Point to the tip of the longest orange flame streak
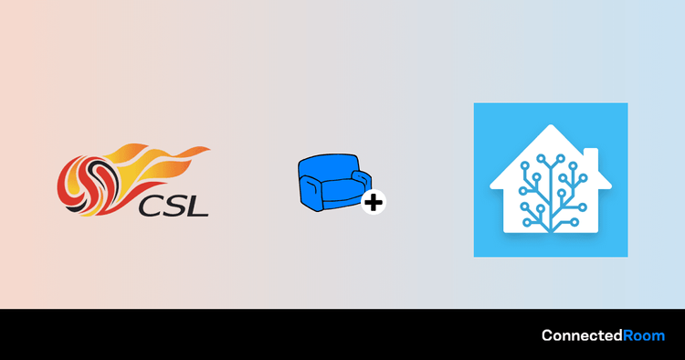(210, 150)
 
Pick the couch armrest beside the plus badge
(363, 179)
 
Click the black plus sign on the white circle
(374, 202)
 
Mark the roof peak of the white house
(551, 126)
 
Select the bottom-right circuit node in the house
(574, 222)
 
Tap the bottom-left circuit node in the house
(527, 222)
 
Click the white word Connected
(582, 335)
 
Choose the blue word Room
(644, 335)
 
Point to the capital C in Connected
(548, 335)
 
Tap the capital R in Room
(628, 335)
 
